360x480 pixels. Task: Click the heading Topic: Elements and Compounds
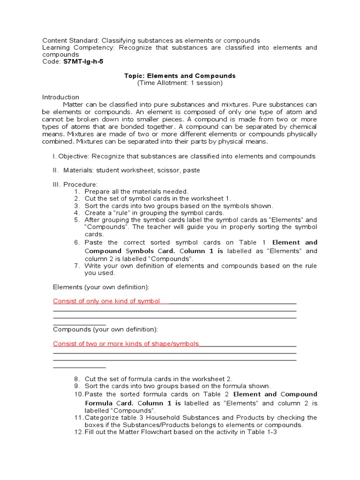tap(180, 75)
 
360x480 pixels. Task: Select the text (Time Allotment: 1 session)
tap(180, 83)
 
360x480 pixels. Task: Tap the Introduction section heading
tap(60, 97)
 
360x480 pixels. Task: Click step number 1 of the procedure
tap(77, 191)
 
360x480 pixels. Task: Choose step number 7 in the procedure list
tap(77, 266)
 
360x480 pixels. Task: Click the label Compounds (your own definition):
tap(105, 329)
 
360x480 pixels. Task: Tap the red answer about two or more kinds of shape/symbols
tap(126, 344)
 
